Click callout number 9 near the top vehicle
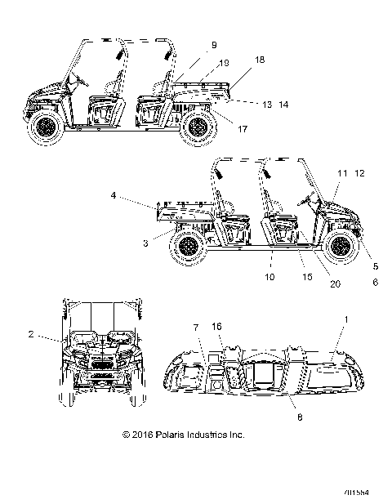pyautogui.click(x=214, y=45)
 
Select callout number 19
pyautogui.click(x=225, y=62)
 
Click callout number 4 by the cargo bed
pyautogui.click(x=136, y=195)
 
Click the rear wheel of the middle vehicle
pyautogui.click(x=189, y=244)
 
